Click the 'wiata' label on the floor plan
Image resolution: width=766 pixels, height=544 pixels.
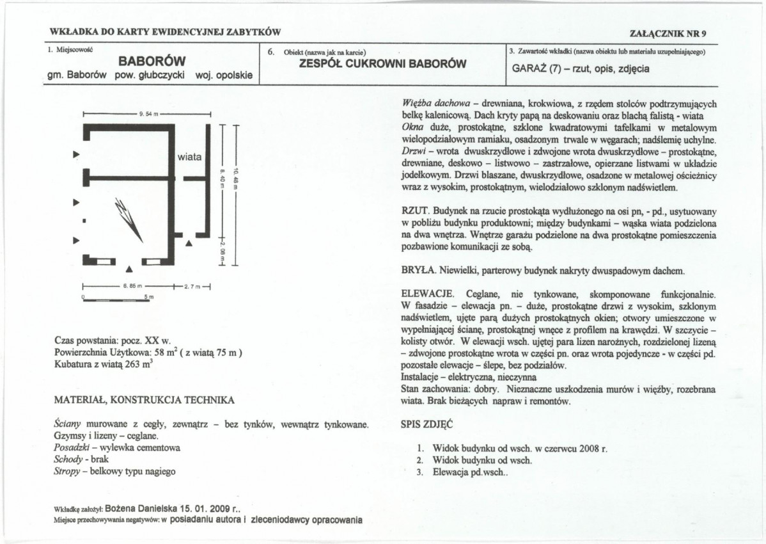tap(189, 157)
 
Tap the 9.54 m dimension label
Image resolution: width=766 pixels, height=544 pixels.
tap(146, 113)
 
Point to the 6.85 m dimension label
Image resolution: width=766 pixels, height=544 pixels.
tap(132, 287)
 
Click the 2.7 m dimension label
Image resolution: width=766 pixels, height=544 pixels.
tap(192, 287)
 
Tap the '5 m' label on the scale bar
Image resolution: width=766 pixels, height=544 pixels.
tap(146, 297)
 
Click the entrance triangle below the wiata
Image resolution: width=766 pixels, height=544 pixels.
tap(189, 243)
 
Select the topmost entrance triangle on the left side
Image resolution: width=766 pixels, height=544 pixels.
tap(77, 154)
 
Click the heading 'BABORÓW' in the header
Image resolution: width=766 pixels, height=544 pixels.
tap(152, 62)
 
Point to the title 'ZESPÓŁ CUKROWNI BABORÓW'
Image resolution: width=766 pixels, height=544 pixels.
tap(382, 63)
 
